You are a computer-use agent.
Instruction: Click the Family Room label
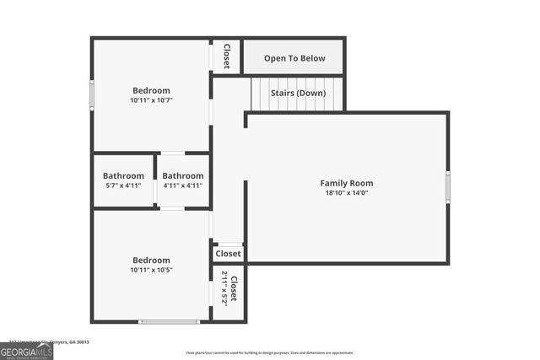[x=346, y=183]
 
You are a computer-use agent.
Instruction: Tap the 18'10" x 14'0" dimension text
[x=346, y=193]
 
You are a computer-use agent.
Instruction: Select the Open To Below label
[x=294, y=59]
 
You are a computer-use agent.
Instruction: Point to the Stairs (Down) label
[x=298, y=93]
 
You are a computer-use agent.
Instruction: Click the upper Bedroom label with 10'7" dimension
[x=151, y=90]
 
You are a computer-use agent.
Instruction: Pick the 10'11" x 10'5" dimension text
[x=151, y=271]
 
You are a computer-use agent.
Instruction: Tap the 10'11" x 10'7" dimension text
[x=151, y=101]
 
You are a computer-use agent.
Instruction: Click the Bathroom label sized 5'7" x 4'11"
[x=123, y=175]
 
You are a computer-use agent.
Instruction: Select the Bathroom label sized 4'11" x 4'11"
[x=183, y=175]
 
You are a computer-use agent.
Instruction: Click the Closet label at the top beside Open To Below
[x=226, y=56]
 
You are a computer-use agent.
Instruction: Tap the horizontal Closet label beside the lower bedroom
[x=228, y=254]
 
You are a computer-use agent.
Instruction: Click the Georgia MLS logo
[x=26, y=351]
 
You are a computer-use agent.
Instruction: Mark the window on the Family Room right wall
[x=448, y=186]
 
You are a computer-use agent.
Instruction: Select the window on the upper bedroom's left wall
[x=92, y=94]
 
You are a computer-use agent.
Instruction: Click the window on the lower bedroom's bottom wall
[x=169, y=321]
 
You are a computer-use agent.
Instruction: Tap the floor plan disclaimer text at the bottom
[x=270, y=353]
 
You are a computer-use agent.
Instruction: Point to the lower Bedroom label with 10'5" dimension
[x=151, y=261]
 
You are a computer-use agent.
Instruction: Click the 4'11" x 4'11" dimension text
[x=183, y=185]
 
